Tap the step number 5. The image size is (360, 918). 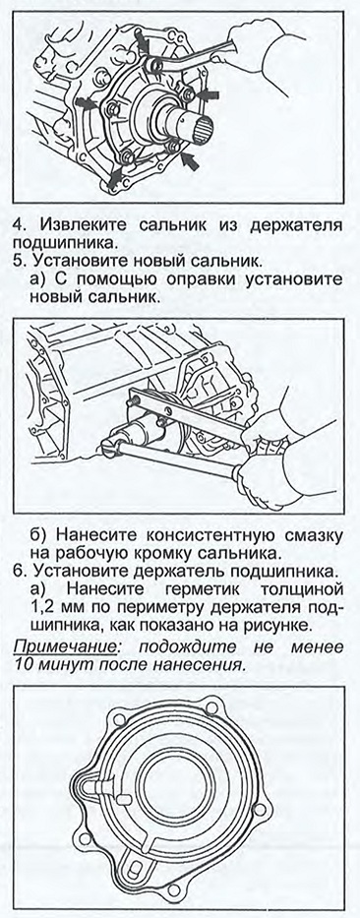click(18, 259)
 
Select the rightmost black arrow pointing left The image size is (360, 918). click(209, 94)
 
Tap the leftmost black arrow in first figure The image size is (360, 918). click(86, 105)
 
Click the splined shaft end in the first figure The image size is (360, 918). click(202, 124)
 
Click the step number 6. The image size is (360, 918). click(18, 570)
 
